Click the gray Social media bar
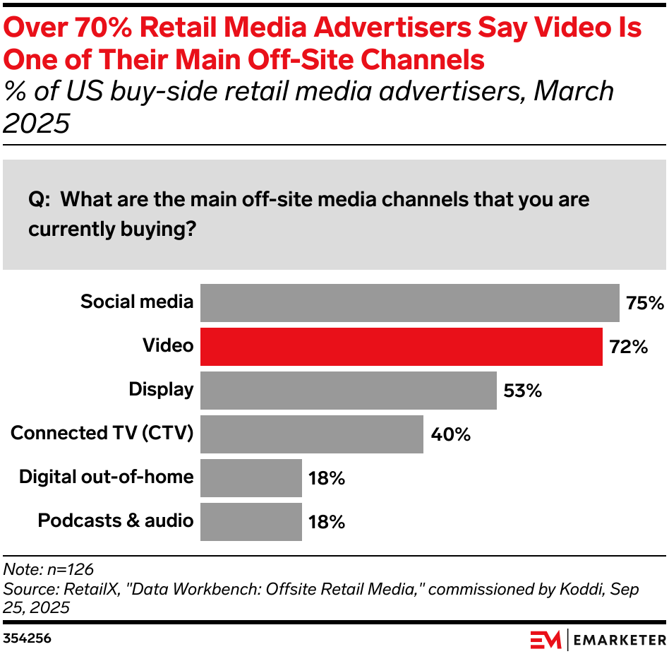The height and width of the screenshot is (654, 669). pyautogui.click(x=409, y=302)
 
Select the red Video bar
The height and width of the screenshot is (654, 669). pyautogui.click(x=401, y=346)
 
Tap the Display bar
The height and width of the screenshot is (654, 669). pyautogui.click(x=348, y=390)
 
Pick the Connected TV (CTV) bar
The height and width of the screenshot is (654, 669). pyautogui.click(x=311, y=434)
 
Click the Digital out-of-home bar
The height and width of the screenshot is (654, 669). pyautogui.click(x=251, y=477)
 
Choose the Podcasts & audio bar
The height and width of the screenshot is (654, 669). pyautogui.click(x=251, y=521)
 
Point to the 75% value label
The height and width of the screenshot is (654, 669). pyautogui.click(x=644, y=303)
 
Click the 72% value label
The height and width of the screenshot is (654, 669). pyautogui.click(x=627, y=347)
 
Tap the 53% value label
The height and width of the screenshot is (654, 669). pyautogui.click(x=522, y=391)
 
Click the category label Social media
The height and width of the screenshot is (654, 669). pyautogui.click(x=136, y=302)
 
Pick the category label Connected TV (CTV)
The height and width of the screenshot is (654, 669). pyautogui.click(x=102, y=433)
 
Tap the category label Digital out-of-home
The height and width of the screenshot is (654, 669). pyautogui.click(x=106, y=477)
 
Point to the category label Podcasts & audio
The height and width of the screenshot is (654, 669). pyautogui.click(x=115, y=521)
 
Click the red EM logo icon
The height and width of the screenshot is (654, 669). pyautogui.click(x=546, y=640)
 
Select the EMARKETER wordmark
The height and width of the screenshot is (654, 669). pyautogui.click(x=619, y=640)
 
